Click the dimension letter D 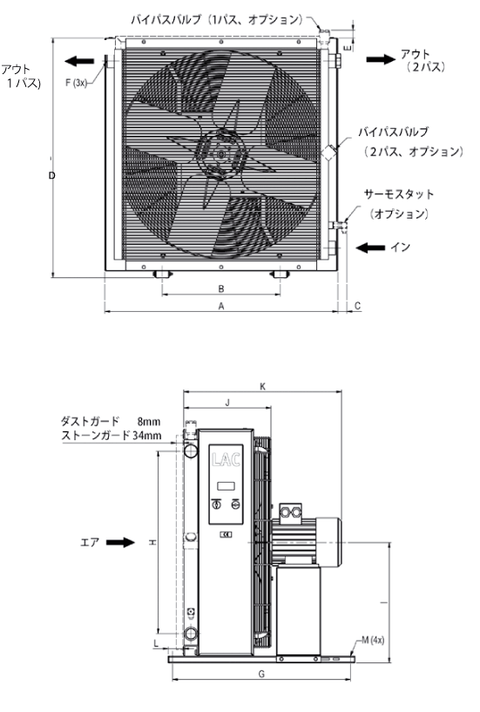[x=51, y=175]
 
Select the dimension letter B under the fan [x=221, y=288]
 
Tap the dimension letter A [x=221, y=307]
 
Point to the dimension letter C [x=357, y=306]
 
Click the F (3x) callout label [x=76, y=83]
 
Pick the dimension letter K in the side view [x=262, y=386]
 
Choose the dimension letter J [x=227, y=403]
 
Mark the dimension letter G [x=261, y=675]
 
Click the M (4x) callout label [x=373, y=640]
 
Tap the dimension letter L [x=156, y=643]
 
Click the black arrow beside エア [x=121, y=542]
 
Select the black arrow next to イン [x=370, y=248]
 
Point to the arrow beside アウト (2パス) [x=381, y=59]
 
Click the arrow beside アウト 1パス [x=79, y=60]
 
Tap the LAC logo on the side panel [x=226, y=460]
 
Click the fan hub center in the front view [x=221, y=154]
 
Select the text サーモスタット [x=399, y=194]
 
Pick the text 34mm [x=147, y=436]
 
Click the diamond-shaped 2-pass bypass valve [x=329, y=152]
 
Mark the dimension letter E [x=348, y=47]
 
